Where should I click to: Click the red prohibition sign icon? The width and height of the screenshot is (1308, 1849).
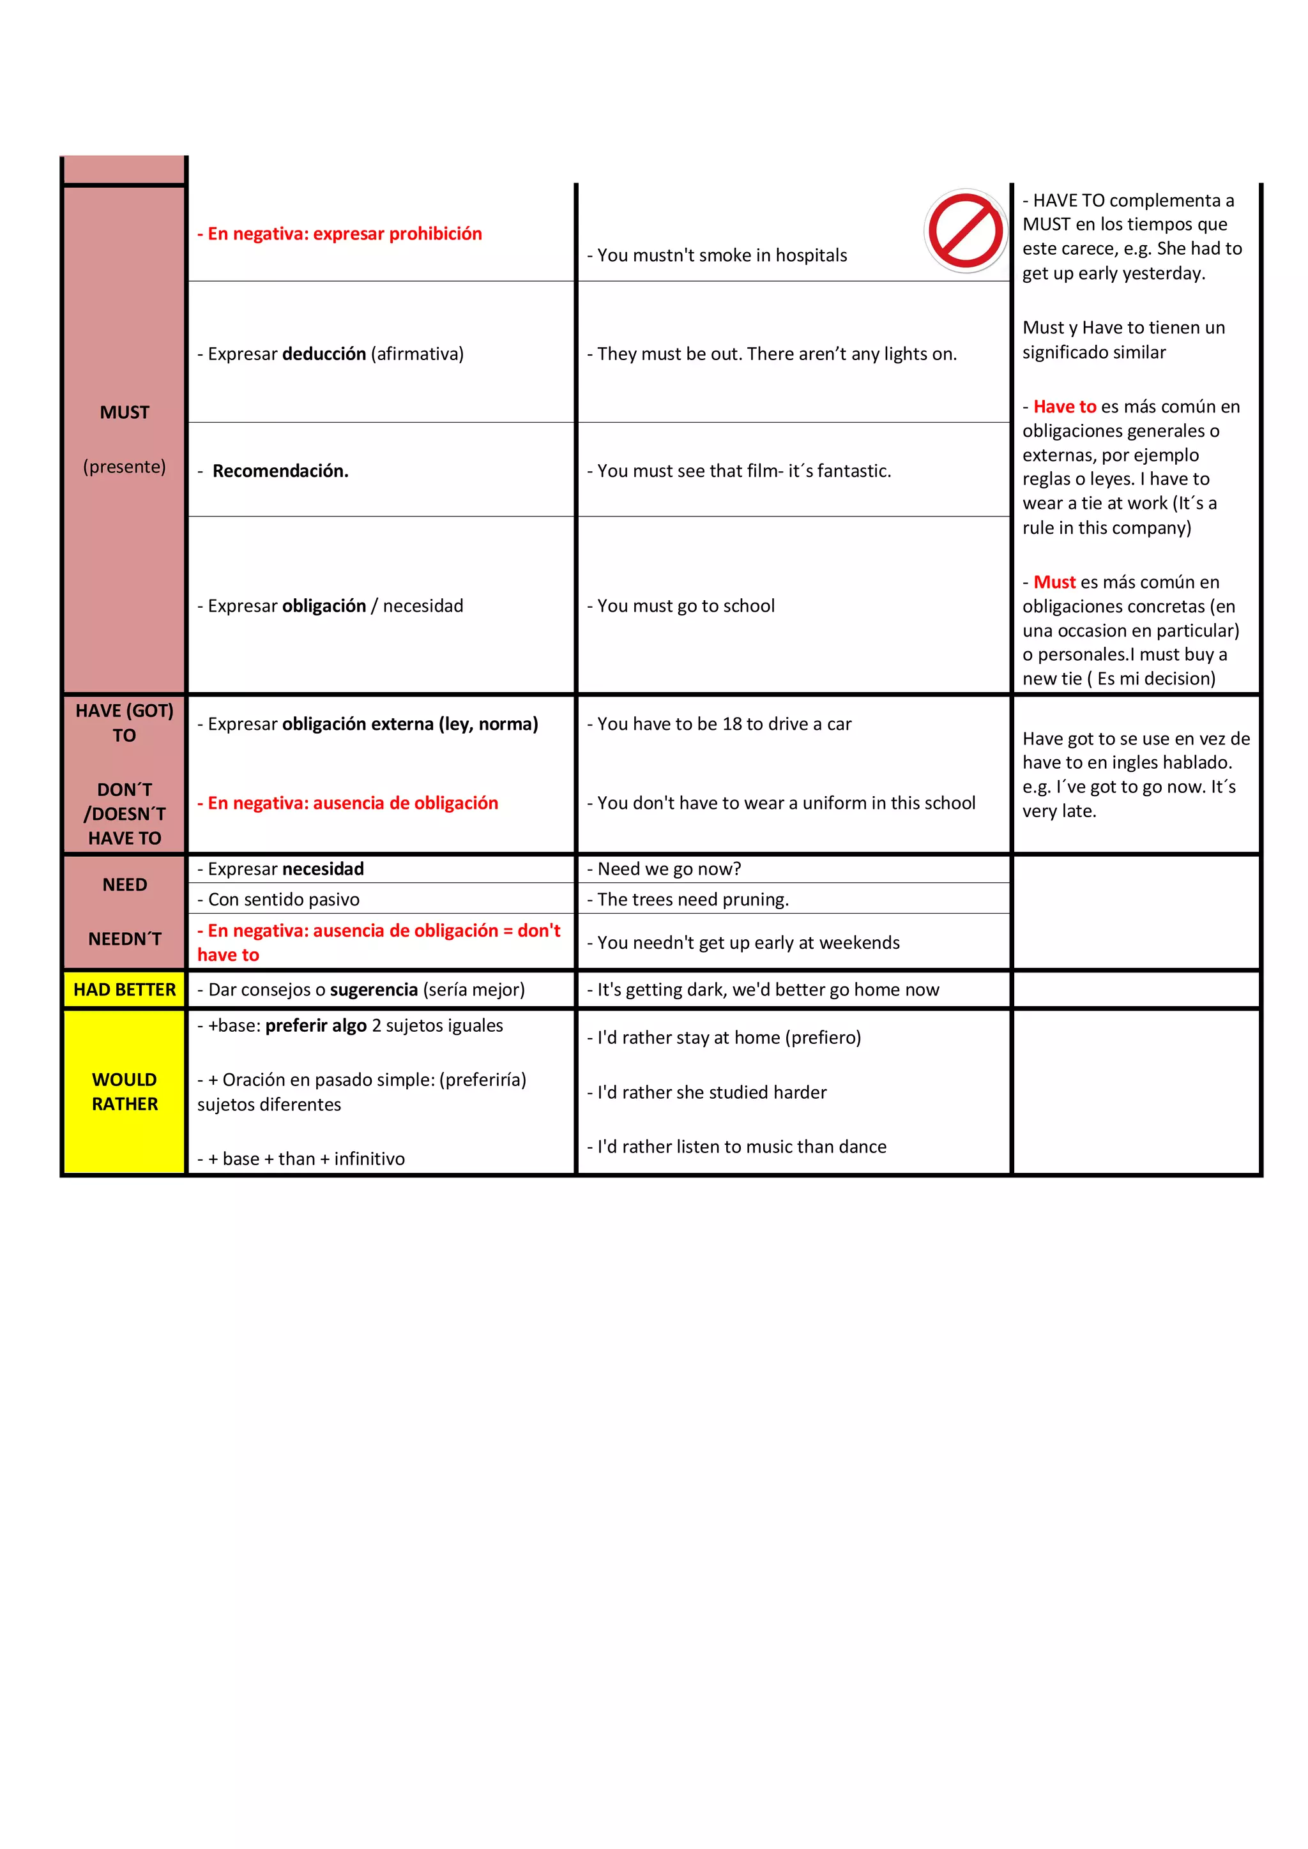(965, 231)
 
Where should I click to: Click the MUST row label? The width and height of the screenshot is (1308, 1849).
(124, 412)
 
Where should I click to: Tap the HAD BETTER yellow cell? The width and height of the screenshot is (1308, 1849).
(124, 990)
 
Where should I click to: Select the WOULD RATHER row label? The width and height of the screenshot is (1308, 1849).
(124, 1091)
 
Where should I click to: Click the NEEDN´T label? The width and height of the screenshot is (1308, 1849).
(124, 939)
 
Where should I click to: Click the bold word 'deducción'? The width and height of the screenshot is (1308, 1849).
(324, 354)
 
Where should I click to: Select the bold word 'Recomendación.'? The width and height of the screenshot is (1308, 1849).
(280, 471)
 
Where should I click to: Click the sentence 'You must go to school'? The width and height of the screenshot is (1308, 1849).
(685, 606)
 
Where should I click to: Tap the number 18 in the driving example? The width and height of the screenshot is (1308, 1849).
(731, 724)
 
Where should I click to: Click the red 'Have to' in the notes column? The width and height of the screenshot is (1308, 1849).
(1064, 407)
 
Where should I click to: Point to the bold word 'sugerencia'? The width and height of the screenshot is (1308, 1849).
(374, 990)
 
